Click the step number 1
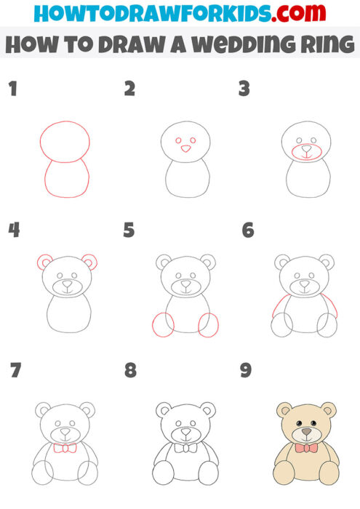[12, 89]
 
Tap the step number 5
[129, 231]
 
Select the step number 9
[246, 370]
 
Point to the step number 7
[15, 370]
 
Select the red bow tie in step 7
[65, 448]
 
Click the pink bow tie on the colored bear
[306, 448]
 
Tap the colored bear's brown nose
[306, 431]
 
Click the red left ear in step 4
[44, 262]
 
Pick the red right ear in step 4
[90, 262]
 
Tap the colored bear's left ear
[284, 409]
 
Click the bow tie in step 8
[185, 448]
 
